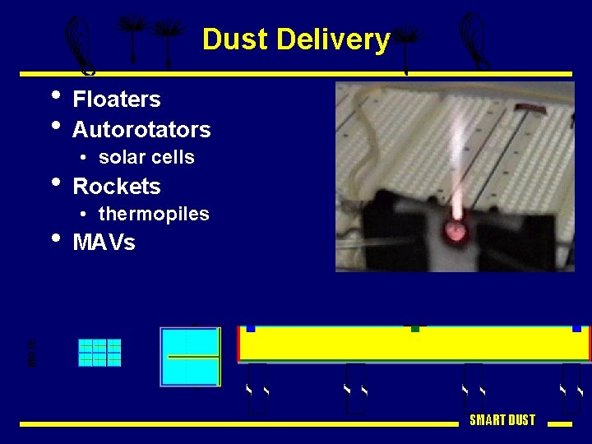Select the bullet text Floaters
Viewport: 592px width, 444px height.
point(116,99)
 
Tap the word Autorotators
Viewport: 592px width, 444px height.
point(141,130)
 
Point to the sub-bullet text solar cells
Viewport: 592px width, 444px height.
point(146,157)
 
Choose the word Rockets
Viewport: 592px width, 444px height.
point(117,186)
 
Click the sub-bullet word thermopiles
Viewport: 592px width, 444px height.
point(154,214)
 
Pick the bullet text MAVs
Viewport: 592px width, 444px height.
point(104,243)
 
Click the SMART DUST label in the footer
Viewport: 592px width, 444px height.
point(502,420)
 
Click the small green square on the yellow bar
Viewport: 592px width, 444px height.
point(415,327)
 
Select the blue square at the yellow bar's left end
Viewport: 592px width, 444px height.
point(251,327)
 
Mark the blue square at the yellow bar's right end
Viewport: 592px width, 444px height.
point(577,327)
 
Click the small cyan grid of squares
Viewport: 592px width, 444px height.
point(99,353)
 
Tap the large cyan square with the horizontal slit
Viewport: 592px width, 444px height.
point(190,357)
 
